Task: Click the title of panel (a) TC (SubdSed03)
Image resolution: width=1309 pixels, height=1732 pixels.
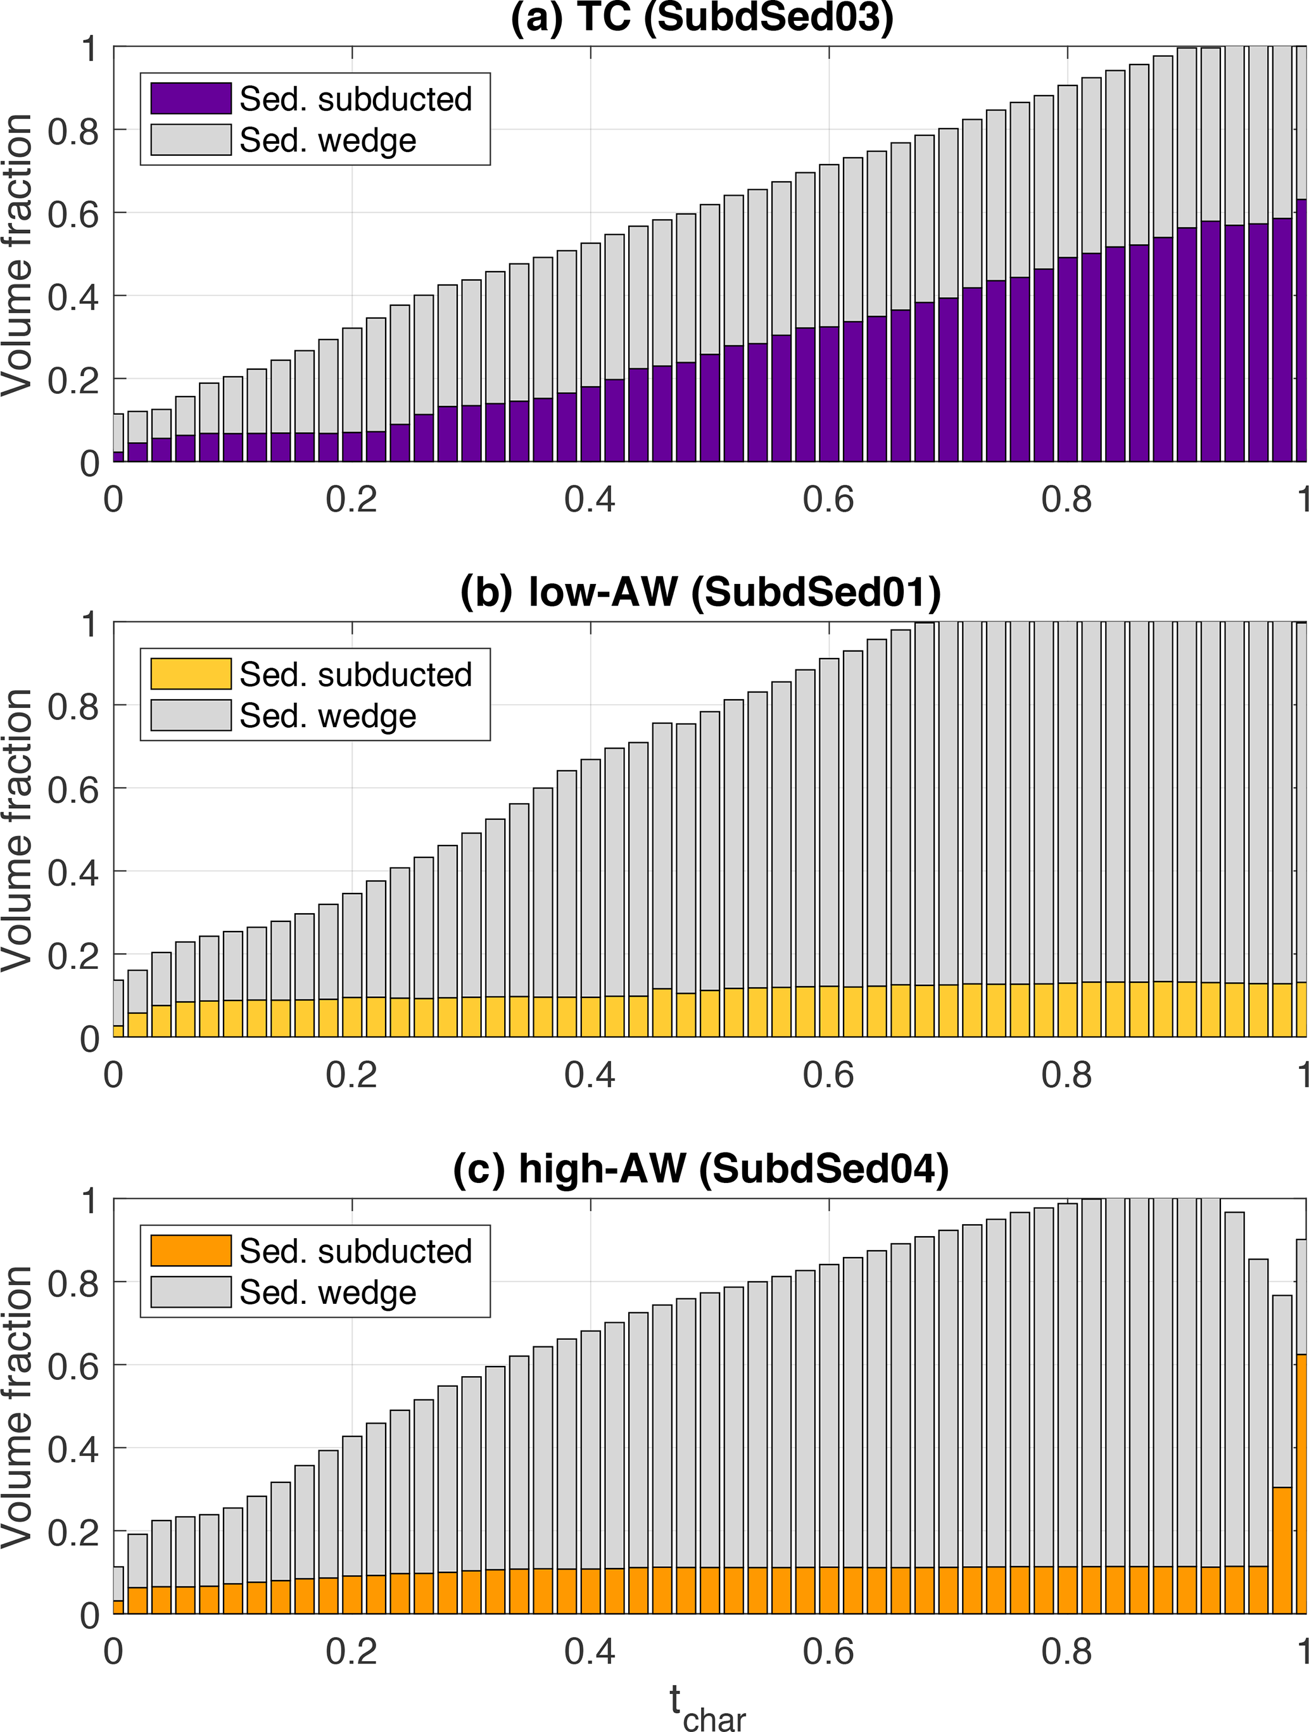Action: (x=702, y=17)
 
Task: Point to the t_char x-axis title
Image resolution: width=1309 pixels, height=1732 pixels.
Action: (x=707, y=1707)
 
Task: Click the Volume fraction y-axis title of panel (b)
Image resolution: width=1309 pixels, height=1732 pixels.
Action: (x=17, y=830)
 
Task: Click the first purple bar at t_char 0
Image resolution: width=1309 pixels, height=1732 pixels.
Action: (x=118, y=457)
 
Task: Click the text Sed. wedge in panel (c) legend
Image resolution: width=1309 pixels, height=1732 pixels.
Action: (x=327, y=1292)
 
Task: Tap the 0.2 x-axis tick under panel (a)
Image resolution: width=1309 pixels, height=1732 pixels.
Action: (x=351, y=500)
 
